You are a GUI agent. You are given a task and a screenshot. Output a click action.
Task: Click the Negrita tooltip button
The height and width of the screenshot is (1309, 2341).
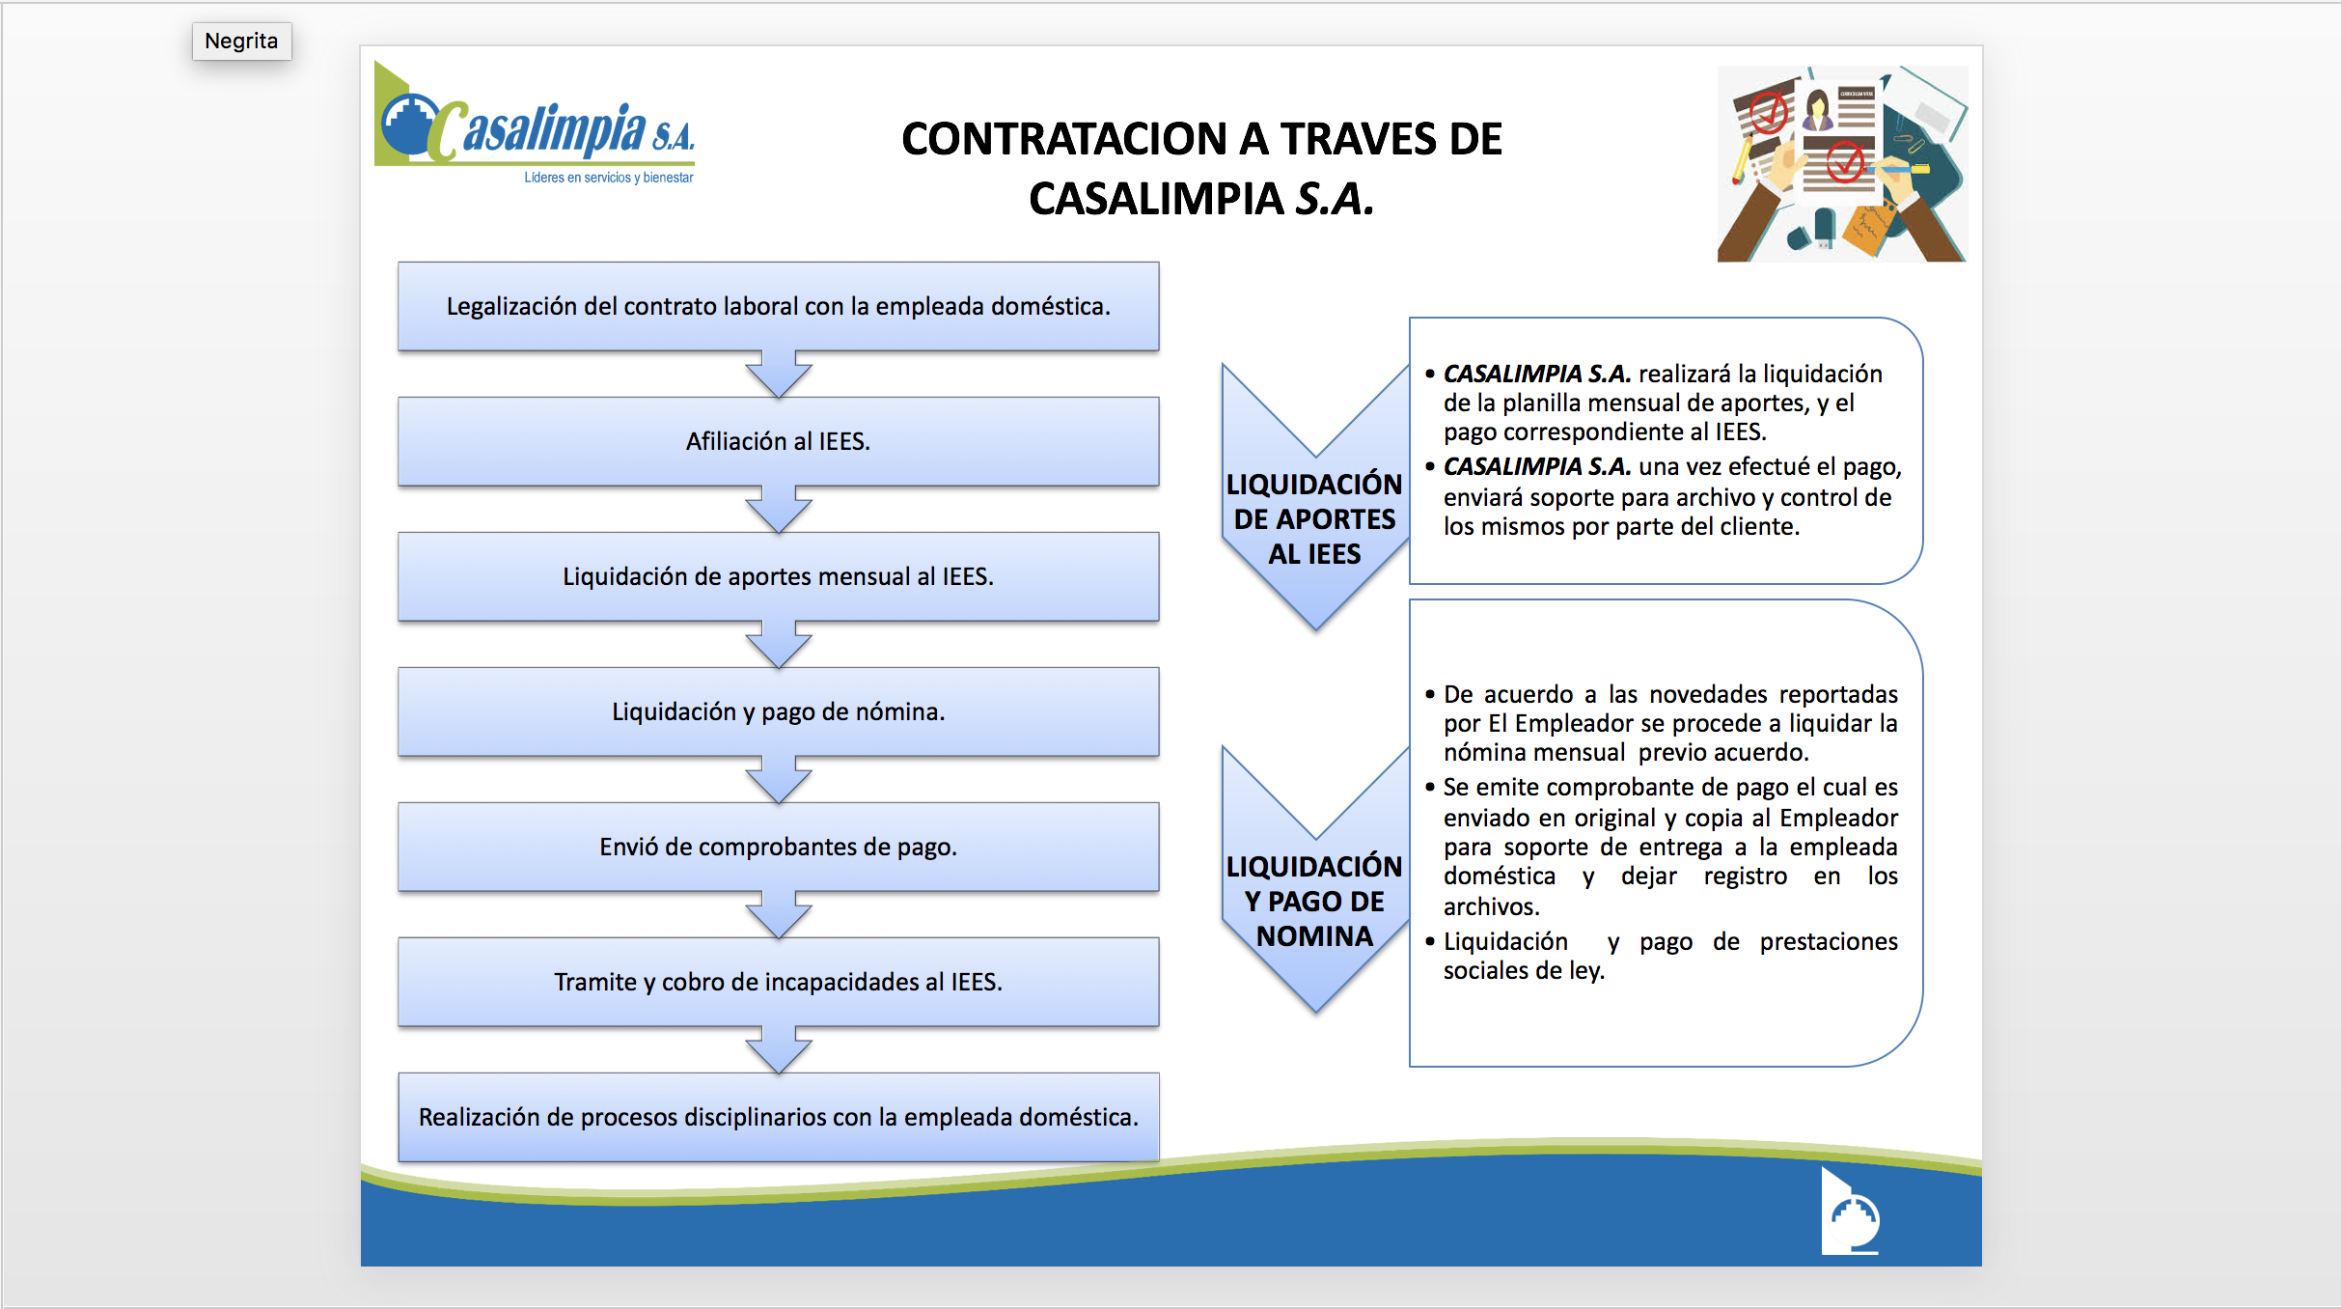241,42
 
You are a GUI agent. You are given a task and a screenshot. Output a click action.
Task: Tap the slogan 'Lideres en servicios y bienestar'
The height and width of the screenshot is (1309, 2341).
608,178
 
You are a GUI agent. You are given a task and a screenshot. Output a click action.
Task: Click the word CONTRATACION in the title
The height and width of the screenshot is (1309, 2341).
1063,139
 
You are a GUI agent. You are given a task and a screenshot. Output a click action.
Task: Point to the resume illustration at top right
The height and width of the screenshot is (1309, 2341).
1841,164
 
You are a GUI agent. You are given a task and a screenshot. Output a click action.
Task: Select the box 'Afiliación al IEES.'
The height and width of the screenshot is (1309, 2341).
778,441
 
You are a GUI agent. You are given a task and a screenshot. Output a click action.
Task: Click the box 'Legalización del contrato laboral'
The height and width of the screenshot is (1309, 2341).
778,306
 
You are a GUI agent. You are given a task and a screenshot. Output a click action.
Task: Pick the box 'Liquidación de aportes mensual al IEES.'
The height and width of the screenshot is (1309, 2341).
778,576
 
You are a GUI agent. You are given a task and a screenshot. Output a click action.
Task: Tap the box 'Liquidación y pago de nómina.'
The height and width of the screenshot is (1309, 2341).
778,711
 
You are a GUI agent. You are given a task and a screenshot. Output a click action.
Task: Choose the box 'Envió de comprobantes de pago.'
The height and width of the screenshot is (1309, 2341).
778,847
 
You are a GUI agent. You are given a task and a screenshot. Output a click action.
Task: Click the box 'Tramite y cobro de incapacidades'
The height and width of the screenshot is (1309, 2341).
778,982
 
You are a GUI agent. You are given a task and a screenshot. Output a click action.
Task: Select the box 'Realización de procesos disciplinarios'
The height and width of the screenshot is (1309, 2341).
778,1117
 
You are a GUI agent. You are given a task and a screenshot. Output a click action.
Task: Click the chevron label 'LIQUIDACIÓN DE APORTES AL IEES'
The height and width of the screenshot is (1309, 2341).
1313,518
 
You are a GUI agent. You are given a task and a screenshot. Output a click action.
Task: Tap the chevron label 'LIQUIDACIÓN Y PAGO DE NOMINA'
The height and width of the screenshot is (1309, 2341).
1313,901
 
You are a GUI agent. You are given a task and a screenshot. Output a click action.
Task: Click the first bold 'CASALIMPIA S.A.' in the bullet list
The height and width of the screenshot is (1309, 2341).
1536,374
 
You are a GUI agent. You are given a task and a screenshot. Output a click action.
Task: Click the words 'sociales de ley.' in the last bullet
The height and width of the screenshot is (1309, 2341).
1524,971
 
